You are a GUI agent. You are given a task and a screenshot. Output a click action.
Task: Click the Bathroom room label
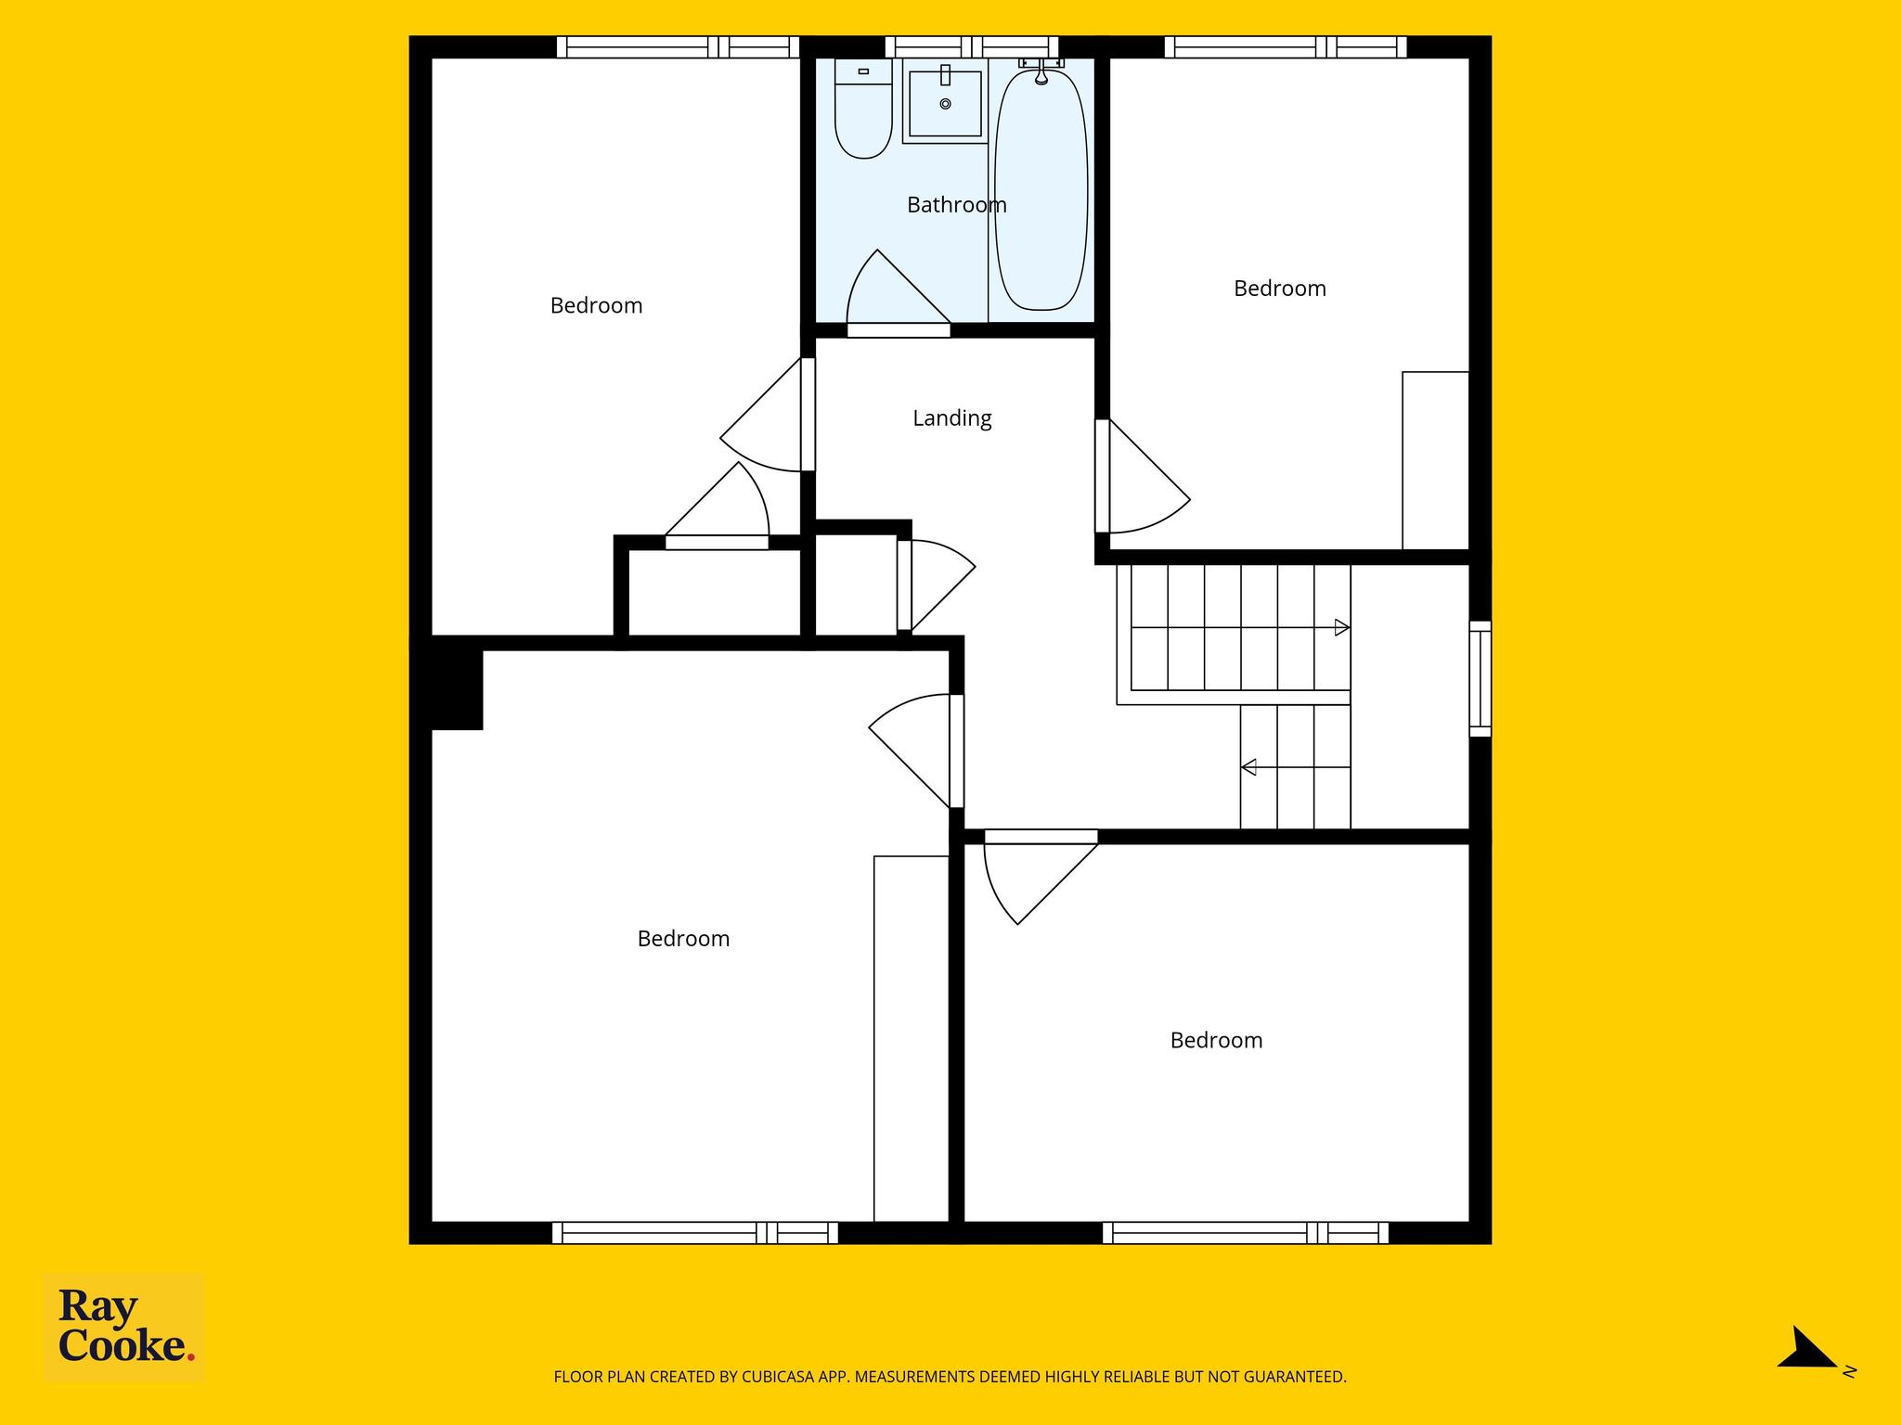tap(956, 205)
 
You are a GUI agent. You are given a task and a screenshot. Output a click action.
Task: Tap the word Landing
tap(951, 418)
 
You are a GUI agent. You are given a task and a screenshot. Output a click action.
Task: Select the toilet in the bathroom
tap(863, 108)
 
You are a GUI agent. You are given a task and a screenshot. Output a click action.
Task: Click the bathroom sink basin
tap(945, 103)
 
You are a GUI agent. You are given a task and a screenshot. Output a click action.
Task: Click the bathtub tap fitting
tap(1041, 70)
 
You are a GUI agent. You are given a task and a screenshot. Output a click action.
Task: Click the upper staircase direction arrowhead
tap(1341, 628)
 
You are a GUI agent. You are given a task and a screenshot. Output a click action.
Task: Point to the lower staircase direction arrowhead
tap(1248, 767)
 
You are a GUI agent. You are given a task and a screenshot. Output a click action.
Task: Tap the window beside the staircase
tap(1480, 678)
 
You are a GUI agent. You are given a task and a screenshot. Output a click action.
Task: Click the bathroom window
tap(971, 46)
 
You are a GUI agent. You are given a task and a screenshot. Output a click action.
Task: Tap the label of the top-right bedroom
tap(1279, 289)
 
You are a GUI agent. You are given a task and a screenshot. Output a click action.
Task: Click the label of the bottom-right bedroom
tap(1216, 1041)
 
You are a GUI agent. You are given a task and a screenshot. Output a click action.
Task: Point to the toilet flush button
tap(863, 71)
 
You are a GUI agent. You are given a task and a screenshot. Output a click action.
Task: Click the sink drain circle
tap(945, 104)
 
